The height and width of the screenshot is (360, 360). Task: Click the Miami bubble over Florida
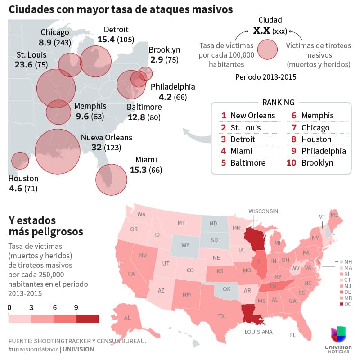(111, 180)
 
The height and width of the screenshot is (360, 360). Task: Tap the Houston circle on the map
(20, 160)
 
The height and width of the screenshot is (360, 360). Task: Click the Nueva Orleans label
(107, 138)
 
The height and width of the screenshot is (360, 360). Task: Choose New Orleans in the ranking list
(252, 116)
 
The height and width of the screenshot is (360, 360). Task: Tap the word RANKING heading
(278, 102)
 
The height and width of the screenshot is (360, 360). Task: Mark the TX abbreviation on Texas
(221, 316)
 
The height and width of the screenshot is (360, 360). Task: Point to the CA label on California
(131, 274)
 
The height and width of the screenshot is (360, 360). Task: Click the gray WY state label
(185, 245)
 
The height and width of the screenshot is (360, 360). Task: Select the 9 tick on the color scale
(76, 308)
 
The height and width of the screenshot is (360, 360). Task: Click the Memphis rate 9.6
(82, 117)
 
